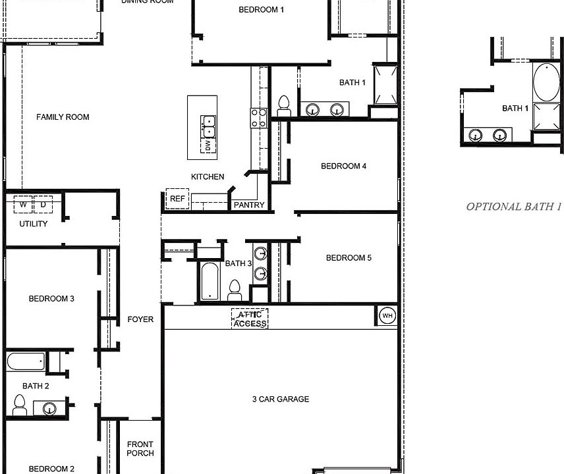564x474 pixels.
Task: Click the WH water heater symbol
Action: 387,316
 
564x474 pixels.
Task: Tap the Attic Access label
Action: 250,319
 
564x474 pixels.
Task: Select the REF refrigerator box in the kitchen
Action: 177,198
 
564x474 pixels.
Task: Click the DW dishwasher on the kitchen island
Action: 208,145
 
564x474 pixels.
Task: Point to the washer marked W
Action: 24,205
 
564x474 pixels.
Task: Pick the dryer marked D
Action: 43,205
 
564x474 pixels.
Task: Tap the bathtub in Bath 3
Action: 210,280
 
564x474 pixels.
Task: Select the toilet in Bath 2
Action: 19,405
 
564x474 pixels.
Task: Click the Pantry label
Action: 249,205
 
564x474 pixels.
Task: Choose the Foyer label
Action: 140,319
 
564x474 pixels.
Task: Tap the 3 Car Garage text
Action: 280,399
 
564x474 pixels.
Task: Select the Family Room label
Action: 63,117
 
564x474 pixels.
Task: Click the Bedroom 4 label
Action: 343,166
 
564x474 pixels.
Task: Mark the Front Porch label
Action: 140,448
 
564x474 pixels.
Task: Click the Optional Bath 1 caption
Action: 514,207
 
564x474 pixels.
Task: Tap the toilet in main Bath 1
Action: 285,106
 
